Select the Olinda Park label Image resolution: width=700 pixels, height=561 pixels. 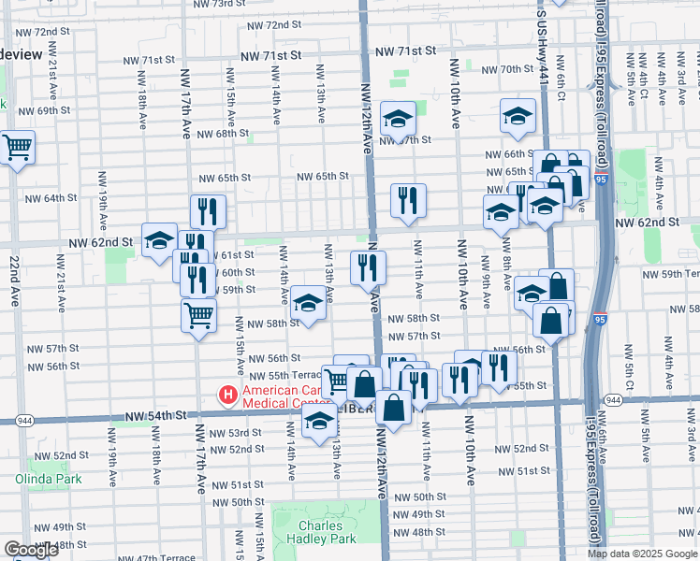tap(48, 479)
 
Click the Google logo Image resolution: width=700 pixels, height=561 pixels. tap(31, 550)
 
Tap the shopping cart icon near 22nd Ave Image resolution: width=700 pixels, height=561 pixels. tap(17, 147)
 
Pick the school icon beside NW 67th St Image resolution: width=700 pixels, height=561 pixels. tap(398, 118)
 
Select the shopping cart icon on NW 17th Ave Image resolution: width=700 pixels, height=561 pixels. tap(198, 315)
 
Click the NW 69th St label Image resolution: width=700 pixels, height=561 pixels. tap(44, 110)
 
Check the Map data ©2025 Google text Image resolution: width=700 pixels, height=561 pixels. tap(642, 554)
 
